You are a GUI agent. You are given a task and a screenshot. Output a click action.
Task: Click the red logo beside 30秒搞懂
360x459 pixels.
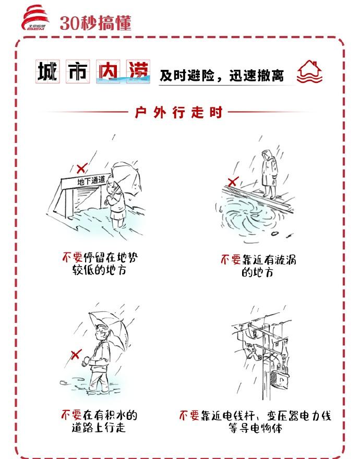pyautogui.click(x=35, y=18)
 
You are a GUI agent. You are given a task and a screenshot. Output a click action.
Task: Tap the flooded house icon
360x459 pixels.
pyautogui.click(x=309, y=72)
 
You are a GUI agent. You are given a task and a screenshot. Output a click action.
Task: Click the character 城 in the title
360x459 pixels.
pyautogui.click(x=47, y=71)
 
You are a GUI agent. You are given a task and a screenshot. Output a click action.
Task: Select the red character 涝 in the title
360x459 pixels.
pyautogui.click(x=138, y=71)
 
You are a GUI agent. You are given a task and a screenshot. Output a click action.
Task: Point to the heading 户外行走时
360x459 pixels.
pyautogui.click(x=178, y=113)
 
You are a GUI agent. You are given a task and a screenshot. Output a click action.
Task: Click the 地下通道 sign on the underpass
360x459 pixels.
pyautogui.click(x=91, y=180)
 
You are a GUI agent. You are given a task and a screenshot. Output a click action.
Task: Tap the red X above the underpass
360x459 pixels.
pyautogui.click(x=81, y=168)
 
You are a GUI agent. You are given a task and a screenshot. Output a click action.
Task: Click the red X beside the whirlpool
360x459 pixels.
pyautogui.click(x=233, y=182)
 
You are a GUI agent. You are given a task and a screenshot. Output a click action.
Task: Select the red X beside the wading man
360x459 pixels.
pyautogui.click(x=75, y=355)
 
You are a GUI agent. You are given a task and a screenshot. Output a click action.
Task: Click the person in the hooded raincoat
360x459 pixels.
pyautogui.click(x=269, y=174)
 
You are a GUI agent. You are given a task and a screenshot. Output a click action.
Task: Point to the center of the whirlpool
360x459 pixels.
pyautogui.click(x=250, y=218)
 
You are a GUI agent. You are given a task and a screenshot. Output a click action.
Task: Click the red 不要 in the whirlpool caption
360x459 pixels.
pyautogui.click(x=231, y=260)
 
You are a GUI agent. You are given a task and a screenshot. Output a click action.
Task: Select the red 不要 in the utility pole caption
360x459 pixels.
pyautogui.click(x=189, y=416)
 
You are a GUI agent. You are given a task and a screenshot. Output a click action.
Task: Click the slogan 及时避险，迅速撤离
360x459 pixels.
pyautogui.click(x=222, y=76)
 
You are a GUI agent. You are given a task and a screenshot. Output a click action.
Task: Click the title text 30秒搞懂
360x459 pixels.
pyautogui.click(x=95, y=22)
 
